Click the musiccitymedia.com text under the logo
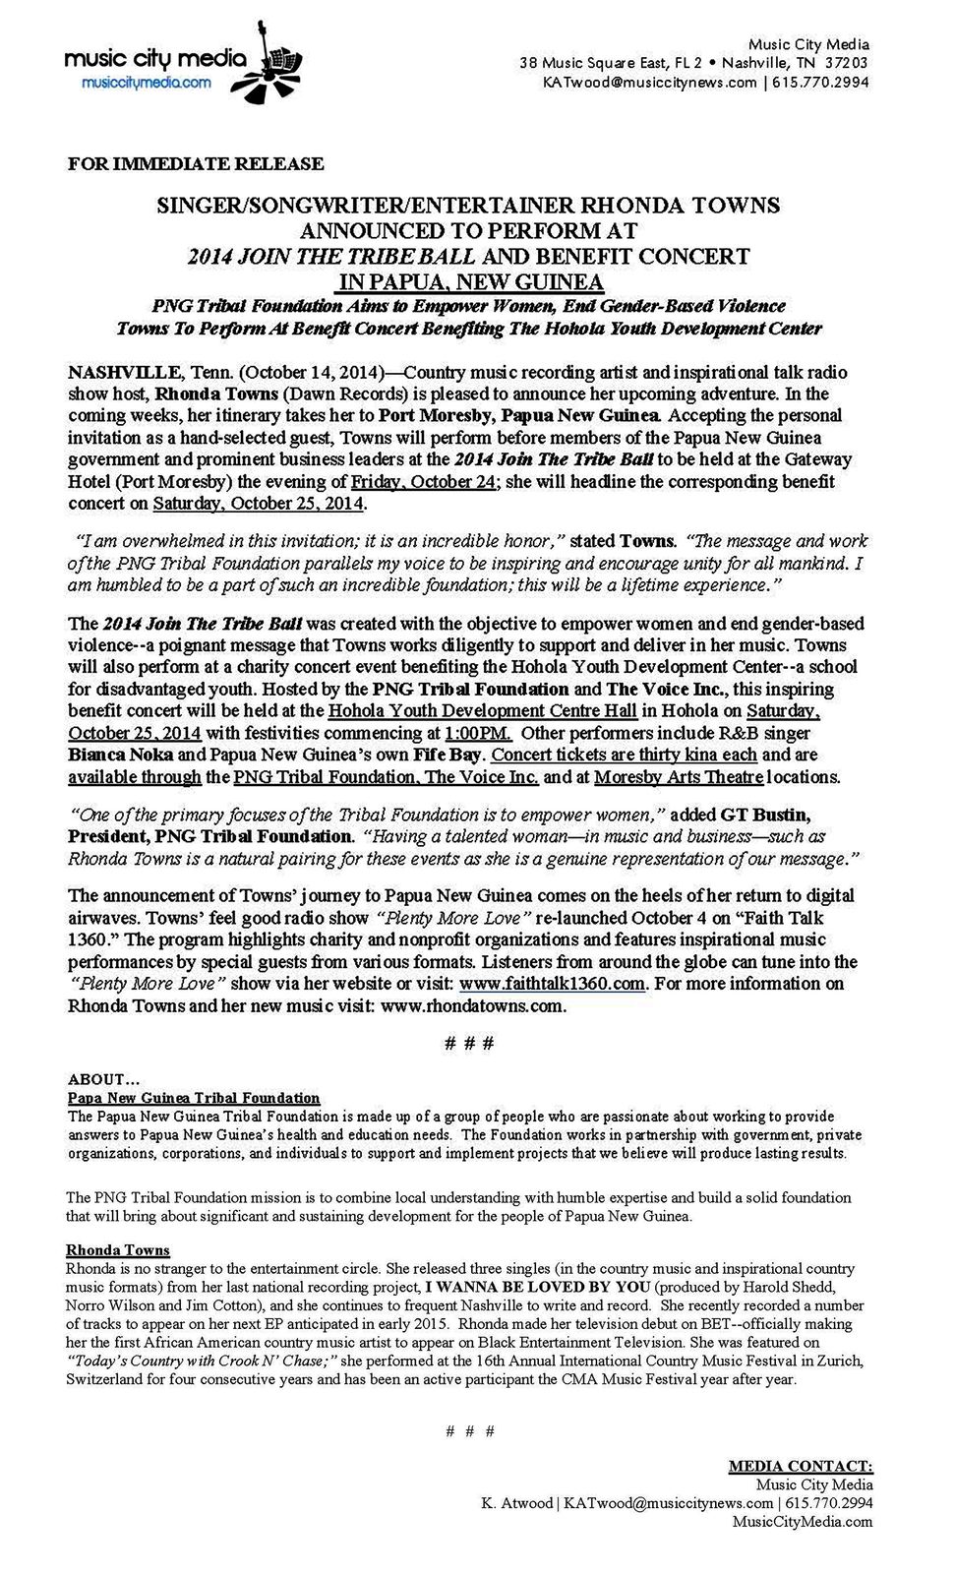point(146,83)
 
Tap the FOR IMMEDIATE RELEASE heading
point(195,163)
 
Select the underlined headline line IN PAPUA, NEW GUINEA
point(469,282)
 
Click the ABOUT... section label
point(103,1079)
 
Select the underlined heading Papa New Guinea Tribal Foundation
point(193,1097)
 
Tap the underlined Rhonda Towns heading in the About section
point(117,1250)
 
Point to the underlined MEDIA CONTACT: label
point(800,1466)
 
